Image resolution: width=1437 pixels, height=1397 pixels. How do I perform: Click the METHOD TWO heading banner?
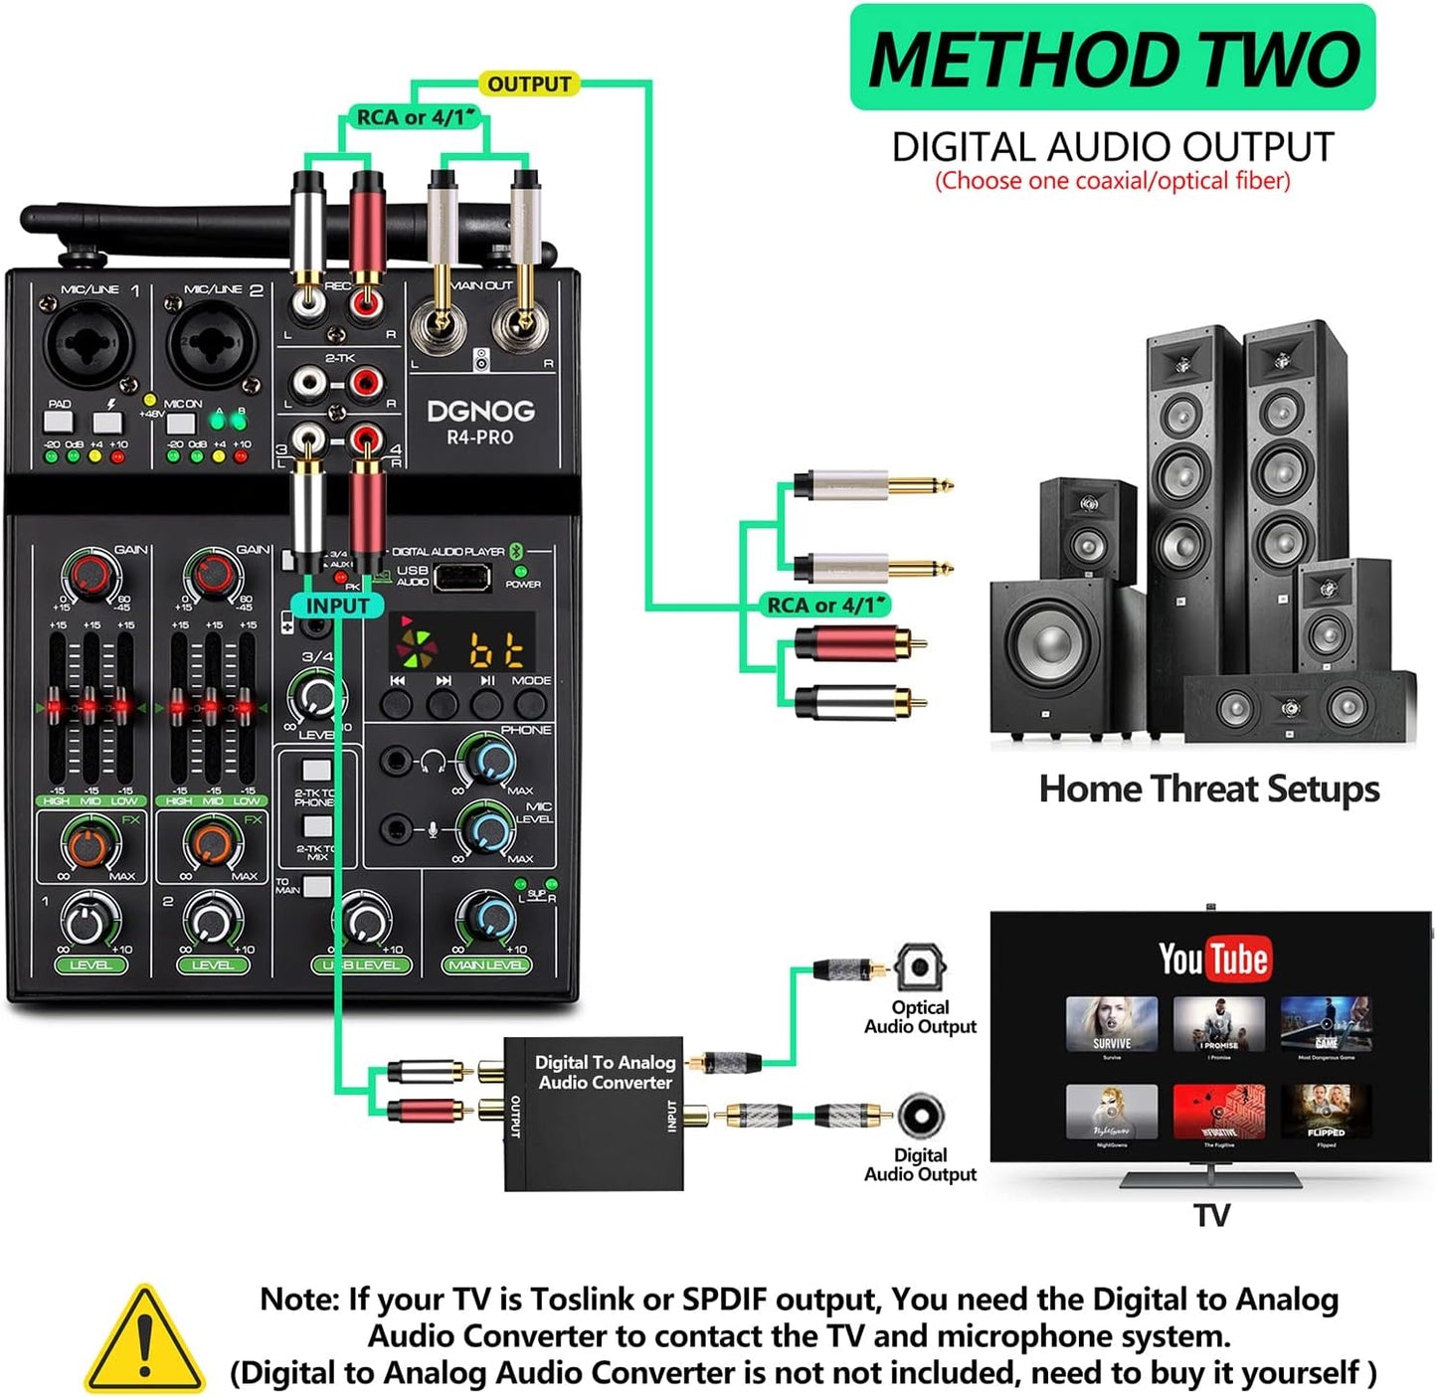tap(1112, 59)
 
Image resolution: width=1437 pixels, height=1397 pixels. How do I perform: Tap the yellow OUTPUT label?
tap(529, 85)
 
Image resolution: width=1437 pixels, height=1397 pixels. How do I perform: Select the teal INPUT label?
tap(336, 606)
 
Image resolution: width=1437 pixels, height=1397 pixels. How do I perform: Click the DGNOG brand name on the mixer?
tap(480, 411)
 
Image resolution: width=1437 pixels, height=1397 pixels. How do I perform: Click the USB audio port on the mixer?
tap(461, 577)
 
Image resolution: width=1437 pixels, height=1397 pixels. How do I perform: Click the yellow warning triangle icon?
tap(145, 1340)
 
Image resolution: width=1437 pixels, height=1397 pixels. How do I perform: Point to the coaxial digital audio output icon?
tap(921, 1116)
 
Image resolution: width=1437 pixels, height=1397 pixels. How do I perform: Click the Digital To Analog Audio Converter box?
tap(594, 1114)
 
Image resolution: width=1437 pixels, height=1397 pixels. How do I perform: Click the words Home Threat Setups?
tap(1208, 789)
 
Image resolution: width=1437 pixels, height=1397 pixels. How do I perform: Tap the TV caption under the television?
tap(1211, 1215)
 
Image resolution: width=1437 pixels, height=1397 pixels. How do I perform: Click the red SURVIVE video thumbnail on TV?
tap(1111, 1025)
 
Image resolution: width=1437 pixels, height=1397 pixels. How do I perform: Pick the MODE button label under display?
tap(531, 681)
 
